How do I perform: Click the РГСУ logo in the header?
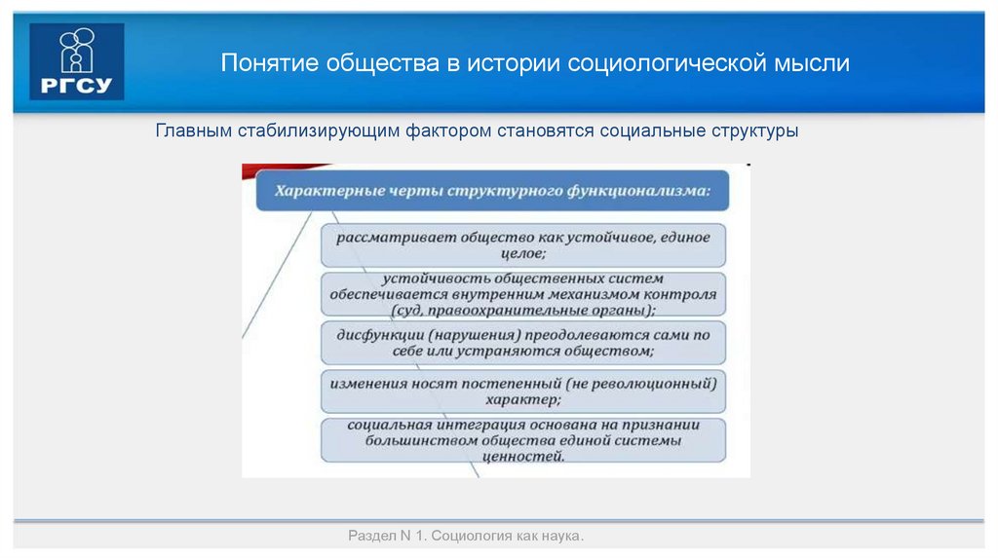[77, 61]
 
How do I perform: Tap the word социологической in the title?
[667, 64]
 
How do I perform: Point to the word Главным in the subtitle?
[194, 130]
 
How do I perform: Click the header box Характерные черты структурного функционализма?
[492, 192]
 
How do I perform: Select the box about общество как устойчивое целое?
[523, 244]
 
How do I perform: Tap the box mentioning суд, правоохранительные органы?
[523, 294]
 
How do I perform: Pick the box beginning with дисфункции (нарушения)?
[523, 342]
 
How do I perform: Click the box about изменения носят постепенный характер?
[523, 391]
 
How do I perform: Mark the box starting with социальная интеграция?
[523, 440]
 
